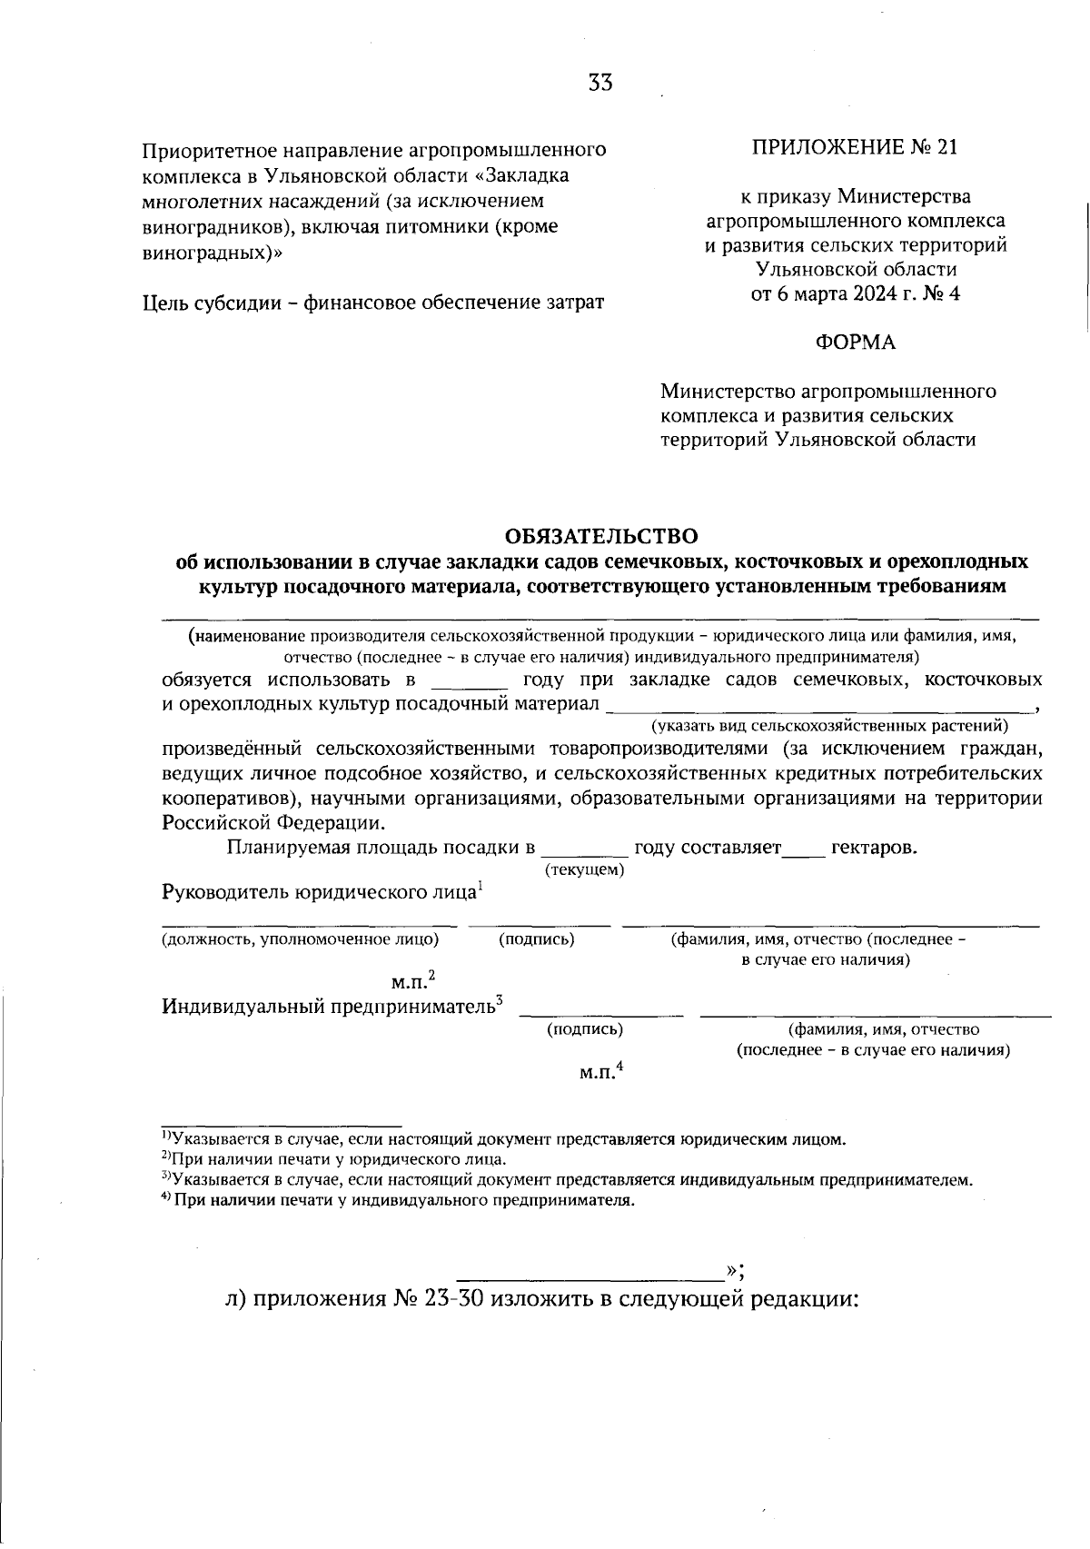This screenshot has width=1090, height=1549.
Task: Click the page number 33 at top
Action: [600, 84]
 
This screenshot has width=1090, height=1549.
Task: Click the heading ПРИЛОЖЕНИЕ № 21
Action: [854, 147]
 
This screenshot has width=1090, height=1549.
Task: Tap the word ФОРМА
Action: [855, 343]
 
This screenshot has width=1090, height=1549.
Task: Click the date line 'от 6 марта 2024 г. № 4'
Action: [855, 293]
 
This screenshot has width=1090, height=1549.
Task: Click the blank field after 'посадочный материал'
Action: [817, 705]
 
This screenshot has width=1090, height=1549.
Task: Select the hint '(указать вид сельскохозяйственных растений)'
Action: [829, 726]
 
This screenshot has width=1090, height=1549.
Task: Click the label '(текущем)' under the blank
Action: [584, 869]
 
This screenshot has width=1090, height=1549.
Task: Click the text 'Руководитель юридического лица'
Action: [318, 892]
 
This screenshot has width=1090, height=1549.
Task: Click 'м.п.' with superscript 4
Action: [599, 1073]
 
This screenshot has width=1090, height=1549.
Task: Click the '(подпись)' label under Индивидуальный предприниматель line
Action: [584, 1029]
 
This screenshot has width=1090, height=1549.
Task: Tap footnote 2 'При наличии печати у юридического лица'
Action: [336, 1159]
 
